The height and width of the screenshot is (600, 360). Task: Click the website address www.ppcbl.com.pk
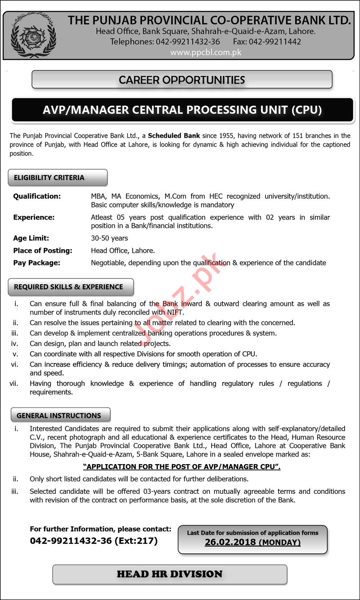206,52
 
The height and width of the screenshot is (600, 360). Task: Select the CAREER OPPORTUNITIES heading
182,80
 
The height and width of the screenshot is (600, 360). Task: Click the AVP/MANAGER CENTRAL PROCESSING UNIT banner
182,110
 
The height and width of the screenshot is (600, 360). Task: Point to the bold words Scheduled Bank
174,135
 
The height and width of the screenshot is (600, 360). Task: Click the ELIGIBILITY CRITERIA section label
49,178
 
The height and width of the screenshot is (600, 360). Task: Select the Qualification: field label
37,196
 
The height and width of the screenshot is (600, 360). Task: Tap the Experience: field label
34,217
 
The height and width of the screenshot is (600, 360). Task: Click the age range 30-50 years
109,238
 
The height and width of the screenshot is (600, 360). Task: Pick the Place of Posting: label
43,251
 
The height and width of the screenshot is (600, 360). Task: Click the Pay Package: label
36,263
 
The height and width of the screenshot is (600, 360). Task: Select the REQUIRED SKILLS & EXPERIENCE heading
68,287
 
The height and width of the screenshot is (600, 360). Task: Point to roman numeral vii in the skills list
13,383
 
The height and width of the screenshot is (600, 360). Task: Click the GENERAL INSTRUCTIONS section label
58,416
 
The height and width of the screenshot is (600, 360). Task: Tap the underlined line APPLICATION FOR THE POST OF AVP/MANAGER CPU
182,467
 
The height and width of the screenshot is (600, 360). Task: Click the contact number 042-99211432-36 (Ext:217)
94,541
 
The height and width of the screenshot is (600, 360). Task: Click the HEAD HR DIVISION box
170,574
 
